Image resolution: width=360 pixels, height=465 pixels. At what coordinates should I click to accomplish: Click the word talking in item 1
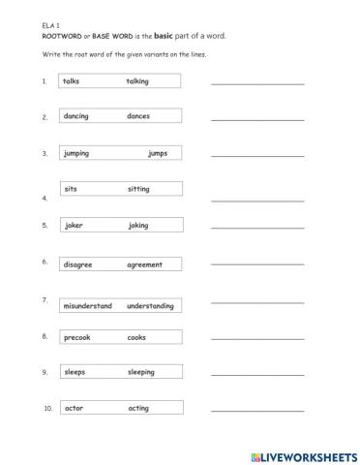coord(137,81)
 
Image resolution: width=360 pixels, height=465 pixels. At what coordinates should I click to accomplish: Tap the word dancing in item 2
coord(75,116)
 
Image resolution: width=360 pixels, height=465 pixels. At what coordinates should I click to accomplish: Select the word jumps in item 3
coord(158,153)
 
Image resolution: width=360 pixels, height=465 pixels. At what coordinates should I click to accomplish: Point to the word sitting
coord(138,189)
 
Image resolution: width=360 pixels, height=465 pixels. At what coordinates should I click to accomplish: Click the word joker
coord(74,225)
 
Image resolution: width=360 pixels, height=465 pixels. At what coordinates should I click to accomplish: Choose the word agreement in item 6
coord(144,264)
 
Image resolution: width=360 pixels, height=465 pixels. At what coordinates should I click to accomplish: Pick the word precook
coord(77,337)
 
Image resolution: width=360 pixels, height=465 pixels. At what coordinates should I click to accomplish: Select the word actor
coord(74,408)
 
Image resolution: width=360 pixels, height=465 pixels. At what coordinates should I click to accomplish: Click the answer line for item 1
coord(257,84)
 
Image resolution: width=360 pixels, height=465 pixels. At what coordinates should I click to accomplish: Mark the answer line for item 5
coord(257,228)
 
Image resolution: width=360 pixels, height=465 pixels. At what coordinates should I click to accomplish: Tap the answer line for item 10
coord(257,411)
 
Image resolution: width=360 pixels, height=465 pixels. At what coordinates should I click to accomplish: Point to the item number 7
coord(45,300)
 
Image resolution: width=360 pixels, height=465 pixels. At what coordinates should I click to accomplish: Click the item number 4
coord(45,198)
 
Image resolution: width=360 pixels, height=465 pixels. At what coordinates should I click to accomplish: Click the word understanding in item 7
coord(150,305)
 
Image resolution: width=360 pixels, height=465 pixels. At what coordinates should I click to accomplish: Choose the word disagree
coord(78,264)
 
